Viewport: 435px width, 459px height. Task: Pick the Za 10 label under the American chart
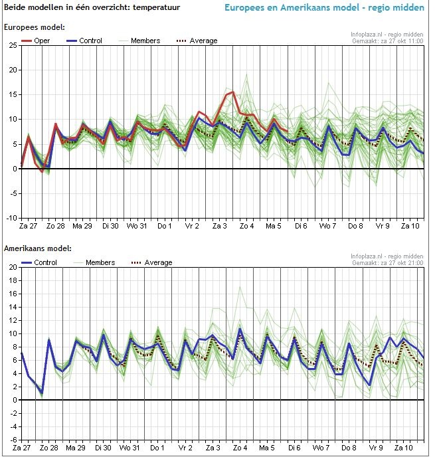410,448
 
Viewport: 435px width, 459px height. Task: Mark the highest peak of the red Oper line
233,92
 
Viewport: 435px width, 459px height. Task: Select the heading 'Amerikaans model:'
37,249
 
